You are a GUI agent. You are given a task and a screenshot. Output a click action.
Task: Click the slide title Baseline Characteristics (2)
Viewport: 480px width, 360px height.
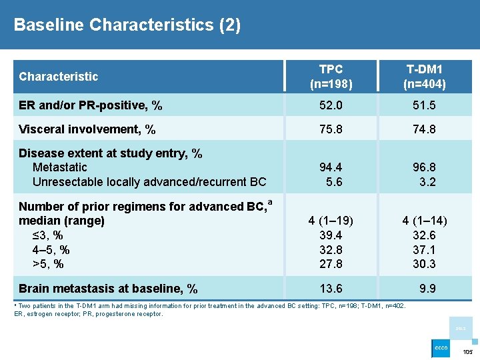coord(127,25)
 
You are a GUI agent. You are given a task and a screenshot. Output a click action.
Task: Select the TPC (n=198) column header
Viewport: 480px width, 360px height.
coord(331,77)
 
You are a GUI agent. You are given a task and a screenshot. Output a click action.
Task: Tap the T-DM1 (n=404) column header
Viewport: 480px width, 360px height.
coord(424,77)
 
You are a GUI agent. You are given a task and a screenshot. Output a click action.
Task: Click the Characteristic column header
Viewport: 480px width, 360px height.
coord(59,77)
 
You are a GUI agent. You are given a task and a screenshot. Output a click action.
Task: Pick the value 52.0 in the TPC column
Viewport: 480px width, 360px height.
coord(331,105)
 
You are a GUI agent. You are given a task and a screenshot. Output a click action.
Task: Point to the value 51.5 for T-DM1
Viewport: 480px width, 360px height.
coord(424,105)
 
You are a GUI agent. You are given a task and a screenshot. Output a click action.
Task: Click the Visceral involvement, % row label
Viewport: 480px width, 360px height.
coord(87,129)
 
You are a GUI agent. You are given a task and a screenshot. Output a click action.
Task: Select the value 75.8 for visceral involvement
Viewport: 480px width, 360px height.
coord(331,129)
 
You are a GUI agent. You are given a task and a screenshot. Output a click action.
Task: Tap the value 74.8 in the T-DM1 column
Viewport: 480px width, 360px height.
coord(424,129)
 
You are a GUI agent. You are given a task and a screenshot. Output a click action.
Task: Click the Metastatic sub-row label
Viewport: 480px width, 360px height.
coord(59,167)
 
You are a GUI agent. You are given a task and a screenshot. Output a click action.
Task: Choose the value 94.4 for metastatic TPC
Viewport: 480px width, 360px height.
coord(331,167)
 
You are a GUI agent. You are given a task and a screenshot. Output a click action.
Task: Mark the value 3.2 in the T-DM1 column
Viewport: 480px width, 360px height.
coord(427,182)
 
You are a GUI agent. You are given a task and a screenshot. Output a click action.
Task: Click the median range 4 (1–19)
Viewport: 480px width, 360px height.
coord(331,221)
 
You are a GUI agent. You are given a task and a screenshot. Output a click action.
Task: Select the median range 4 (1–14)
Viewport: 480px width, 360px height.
coord(424,221)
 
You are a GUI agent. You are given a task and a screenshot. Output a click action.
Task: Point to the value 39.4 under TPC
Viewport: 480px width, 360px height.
coord(331,235)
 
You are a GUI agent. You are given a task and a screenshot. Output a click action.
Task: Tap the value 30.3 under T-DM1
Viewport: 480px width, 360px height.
coord(424,264)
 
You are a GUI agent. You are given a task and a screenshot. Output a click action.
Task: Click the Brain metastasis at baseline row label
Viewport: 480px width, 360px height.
coord(108,289)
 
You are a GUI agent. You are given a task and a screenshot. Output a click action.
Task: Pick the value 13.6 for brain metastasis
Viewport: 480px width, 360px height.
coord(331,289)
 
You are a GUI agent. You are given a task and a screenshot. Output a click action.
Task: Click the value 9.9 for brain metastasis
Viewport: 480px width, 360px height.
coord(427,289)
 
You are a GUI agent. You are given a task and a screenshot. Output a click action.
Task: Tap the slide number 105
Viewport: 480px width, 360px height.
coord(467,351)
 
